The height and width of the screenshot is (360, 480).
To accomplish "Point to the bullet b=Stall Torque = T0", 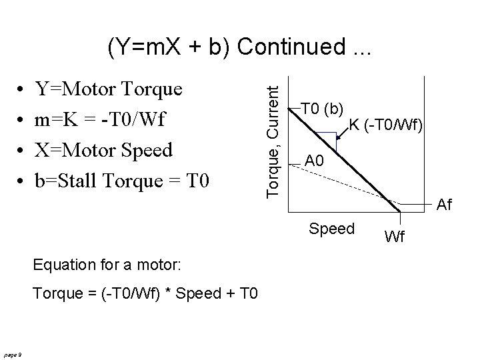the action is (123, 179).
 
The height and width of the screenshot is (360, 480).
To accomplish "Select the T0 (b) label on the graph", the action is (322, 108).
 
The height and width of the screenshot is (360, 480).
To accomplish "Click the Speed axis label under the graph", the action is (331, 229).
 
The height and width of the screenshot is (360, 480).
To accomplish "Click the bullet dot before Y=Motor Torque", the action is (23, 89).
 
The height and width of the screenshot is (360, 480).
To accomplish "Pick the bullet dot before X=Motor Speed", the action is (23, 150).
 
